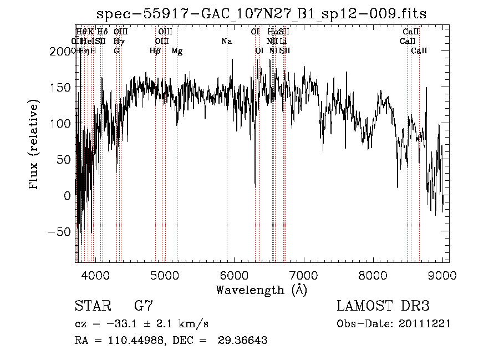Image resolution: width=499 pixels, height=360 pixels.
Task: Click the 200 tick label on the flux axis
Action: pyautogui.click(x=60, y=52)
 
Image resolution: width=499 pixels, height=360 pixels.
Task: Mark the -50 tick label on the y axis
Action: pyautogui.click(x=60, y=232)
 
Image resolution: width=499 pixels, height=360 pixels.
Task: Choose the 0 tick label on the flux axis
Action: pyautogui.click(x=67, y=196)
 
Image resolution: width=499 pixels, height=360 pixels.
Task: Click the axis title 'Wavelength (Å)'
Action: pyautogui.click(x=262, y=290)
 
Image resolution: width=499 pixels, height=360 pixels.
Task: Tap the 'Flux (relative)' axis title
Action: pyautogui.click(x=35, y=146)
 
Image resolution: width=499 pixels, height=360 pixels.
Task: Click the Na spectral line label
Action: pyautogui.click(x=226, y=42)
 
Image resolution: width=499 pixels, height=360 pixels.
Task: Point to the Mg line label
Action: pyautogui.click(x=177, y=51)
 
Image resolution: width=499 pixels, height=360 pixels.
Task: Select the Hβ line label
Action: pyautogui.click(x=155, y=51)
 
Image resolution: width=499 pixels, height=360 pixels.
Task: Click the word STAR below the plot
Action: pyautogui.click(x=92, y=306)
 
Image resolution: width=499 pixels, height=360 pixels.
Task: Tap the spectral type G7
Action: pyautogui.click(x=144, y=306)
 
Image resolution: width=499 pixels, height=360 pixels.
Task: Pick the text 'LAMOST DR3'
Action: pyautogui.click(x=383, y=306)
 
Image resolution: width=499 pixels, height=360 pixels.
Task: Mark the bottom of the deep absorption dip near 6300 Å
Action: pyautogui.click(x=254, y=185)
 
